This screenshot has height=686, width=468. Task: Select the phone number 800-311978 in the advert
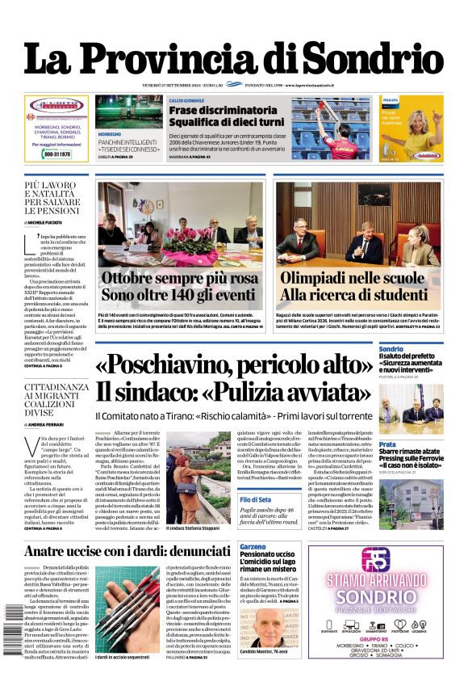pos(56,154)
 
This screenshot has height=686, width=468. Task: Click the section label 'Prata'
pos(387,444)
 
